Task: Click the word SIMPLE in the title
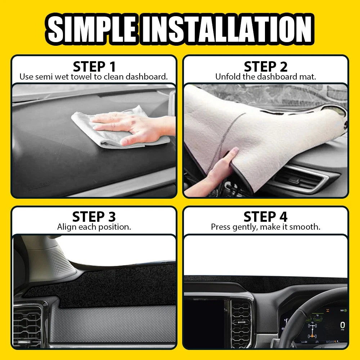click(93, 29)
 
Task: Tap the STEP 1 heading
click(94, 67)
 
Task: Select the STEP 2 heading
click(266, 67)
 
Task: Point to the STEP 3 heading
click(94, 217)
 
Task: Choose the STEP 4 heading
click(266, 217)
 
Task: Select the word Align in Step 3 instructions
click(66, 227)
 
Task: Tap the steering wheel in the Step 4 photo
click(306, 310)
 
